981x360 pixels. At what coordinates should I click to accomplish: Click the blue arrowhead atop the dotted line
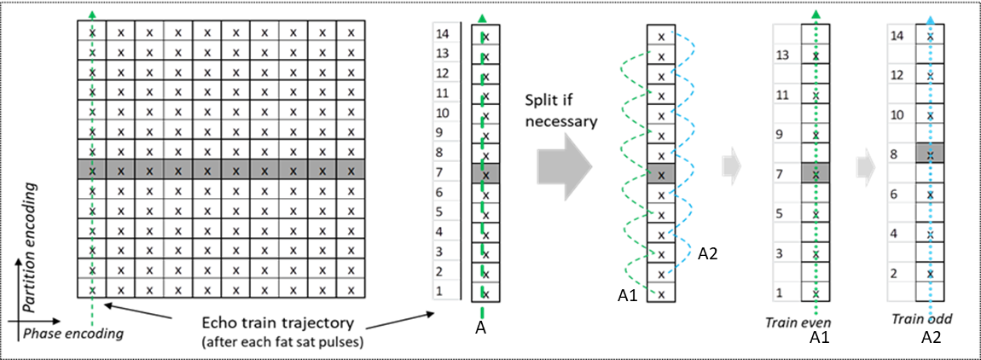(930, 20)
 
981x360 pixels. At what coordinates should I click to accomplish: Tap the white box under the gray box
(929, 172)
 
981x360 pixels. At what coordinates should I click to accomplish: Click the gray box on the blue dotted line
(929, 154)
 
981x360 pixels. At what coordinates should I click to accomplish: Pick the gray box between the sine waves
(661, 173)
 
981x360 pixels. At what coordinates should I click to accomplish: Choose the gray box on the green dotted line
(816, 173)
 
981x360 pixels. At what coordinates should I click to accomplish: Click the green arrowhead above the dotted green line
(816, 15)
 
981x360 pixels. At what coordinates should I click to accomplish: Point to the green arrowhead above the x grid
(91, 15)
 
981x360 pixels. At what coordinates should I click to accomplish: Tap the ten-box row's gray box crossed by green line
(91, 169)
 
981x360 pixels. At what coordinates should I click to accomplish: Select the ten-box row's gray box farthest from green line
(351, 169)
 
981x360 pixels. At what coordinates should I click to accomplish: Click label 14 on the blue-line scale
(897, 36)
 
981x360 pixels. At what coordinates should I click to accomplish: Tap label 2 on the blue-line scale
(895, 274)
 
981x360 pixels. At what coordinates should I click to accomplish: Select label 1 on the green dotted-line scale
(780, 292)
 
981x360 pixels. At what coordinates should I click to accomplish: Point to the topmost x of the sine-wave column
(661, 37)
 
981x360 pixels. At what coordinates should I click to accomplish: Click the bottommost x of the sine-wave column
(661, 293)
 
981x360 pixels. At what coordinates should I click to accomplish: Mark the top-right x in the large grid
(351, 32)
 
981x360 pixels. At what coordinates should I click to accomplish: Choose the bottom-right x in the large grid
(351, 290)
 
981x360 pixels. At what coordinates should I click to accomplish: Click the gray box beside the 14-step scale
(485, 173)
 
